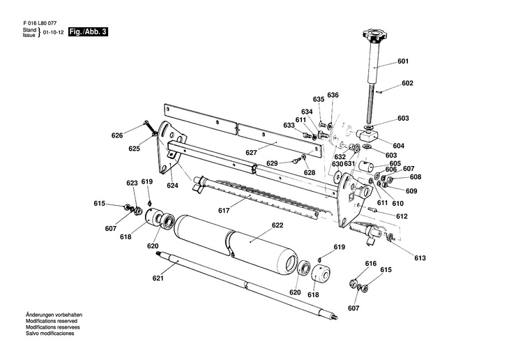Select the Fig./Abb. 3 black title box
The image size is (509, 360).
[x=88, y=32]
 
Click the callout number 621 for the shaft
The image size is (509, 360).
[x=158, y=278]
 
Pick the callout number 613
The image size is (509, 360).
[x=420, y=258]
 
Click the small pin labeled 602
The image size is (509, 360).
[x=379, y=92]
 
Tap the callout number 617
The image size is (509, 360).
[x=224, y=211]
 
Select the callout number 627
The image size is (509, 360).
[x=251, y=153]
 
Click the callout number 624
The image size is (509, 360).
[x=173, y=186]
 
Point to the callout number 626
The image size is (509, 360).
[x=117, y=135]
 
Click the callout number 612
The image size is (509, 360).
[x=402, y=216]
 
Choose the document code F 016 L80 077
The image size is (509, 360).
[x=40, y=24]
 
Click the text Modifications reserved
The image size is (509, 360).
[x=52, y=321]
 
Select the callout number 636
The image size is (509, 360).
[x=333, y=95]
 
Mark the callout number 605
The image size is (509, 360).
[x=395, y=163]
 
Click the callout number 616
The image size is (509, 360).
[x=371, y=264]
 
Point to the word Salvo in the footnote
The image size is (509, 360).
[x=32, y=333]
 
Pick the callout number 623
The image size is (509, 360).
[x=132, y=183]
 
